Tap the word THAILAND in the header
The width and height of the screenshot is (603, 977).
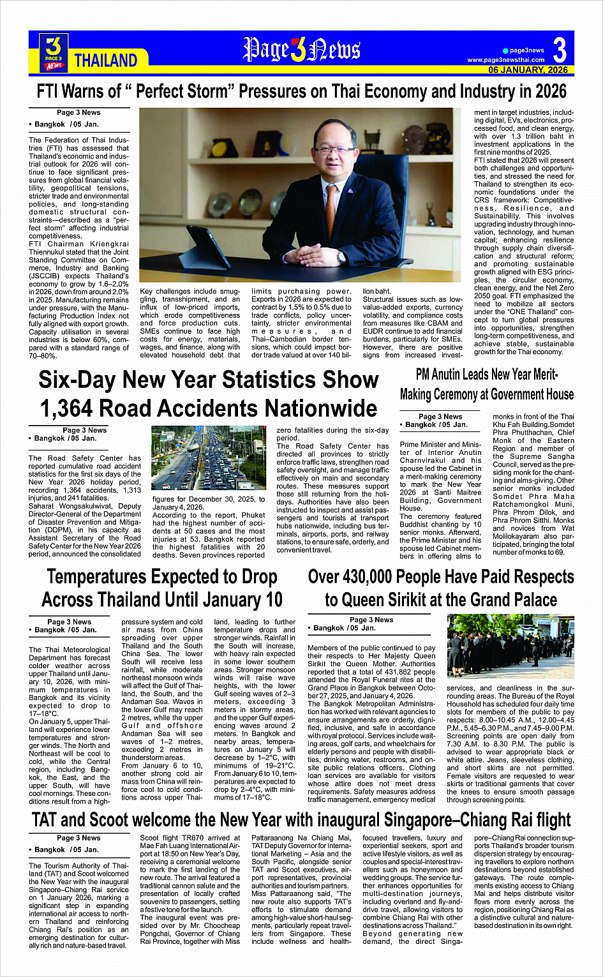106,61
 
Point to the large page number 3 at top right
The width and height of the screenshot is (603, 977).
560,50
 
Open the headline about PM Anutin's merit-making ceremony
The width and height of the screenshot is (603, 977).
487,384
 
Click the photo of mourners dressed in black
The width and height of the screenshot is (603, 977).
510,646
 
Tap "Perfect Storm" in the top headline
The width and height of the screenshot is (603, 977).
178,91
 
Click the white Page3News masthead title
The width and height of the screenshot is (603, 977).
301,50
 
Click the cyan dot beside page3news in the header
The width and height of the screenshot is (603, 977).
505,50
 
